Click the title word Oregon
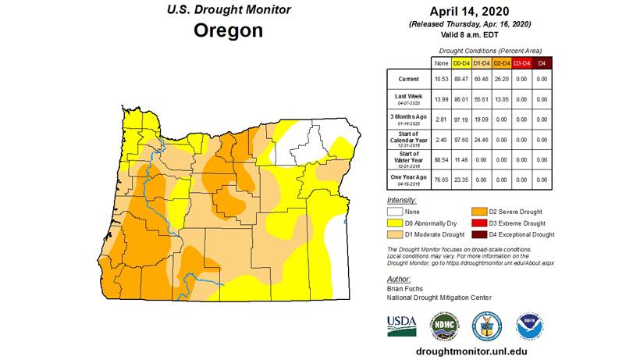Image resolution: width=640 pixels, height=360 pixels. point(229,32)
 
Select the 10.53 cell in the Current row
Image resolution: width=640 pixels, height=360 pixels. point(439,79)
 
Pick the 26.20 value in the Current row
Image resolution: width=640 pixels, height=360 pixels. point(503,79)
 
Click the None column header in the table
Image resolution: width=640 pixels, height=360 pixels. point(439,62)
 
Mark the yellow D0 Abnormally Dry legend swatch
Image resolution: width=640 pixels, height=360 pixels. point(396,223)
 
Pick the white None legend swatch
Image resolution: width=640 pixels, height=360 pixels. point(396,212)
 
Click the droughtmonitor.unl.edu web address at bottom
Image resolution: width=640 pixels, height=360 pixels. point(468,352)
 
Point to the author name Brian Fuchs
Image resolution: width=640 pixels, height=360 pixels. point(404,288)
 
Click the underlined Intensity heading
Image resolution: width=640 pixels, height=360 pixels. point(401,201)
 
